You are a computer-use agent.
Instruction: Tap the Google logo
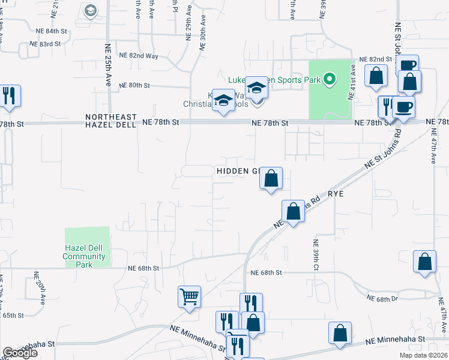[x=20, y=353]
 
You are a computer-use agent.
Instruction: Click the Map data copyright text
[x=424, y=355]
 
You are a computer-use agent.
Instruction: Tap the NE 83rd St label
[x=46, y=44]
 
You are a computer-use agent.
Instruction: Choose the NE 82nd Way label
[x=139, y=55]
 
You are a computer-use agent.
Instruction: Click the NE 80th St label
[x=134, y=85]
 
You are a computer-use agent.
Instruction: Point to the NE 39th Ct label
[x=315, y=255]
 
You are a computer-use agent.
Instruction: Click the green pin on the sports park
[x=328, y=79]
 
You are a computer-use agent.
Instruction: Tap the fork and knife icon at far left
[x=9, y=95]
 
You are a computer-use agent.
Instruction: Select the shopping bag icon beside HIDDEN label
[x=271, y=178]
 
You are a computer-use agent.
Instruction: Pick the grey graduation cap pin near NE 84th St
[x=91, y=10]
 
